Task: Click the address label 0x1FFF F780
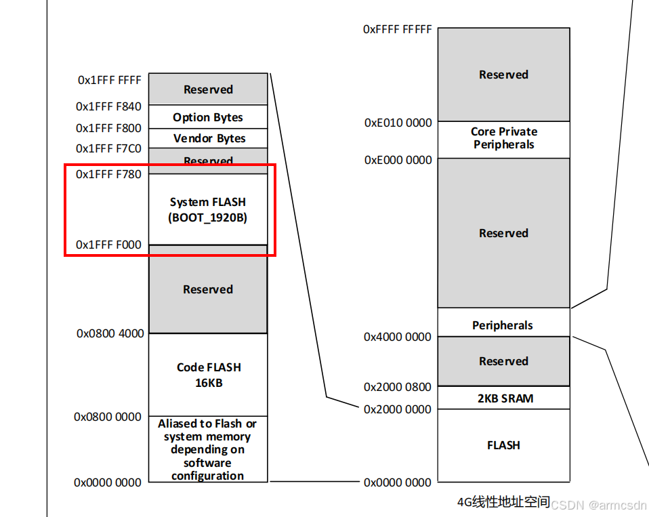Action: [x=109, y=174]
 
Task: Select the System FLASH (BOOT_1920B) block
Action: [x=208, y=209]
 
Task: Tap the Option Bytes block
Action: [x=208, y=117]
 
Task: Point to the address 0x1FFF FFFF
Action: [x=110, y=80]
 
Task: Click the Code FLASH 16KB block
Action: [x=209, y=375]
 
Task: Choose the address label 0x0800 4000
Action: [x=110, y=333]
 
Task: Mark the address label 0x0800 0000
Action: [x=108, y=417]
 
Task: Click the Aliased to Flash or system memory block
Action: [x=208, y=449]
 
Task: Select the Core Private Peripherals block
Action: [x=504, y=138]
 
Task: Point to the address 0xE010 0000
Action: [x=398, y=123]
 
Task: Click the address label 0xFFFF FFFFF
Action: [x=398, y=29]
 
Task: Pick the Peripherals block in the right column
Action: [x=503, y=325]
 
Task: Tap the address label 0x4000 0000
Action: [x=398, y=337]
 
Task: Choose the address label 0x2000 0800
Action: [x=398, y=387]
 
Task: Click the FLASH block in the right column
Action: [x=503, y=445]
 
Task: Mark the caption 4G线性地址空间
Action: [x=503, y=503]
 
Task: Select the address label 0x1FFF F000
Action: [x=109, y=245]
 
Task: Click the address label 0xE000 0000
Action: [x=398, y=160]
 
